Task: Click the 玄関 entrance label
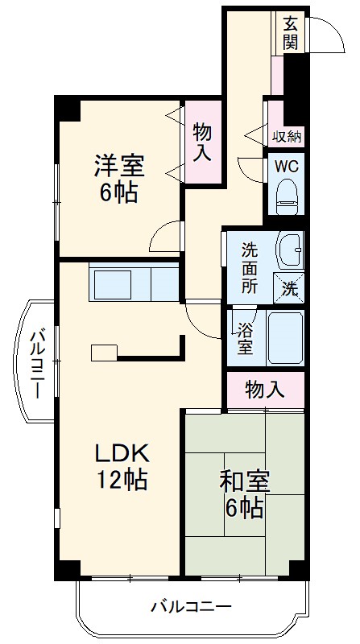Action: [291, 33]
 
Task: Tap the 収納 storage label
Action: [286, 136]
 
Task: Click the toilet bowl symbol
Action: [286, 196]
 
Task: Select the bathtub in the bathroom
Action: [284, 339]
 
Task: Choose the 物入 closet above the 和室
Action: [264, 390]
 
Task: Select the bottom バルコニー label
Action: [191, 606]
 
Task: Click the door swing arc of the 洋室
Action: [165, 235]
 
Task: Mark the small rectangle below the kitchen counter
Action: [104, 353]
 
